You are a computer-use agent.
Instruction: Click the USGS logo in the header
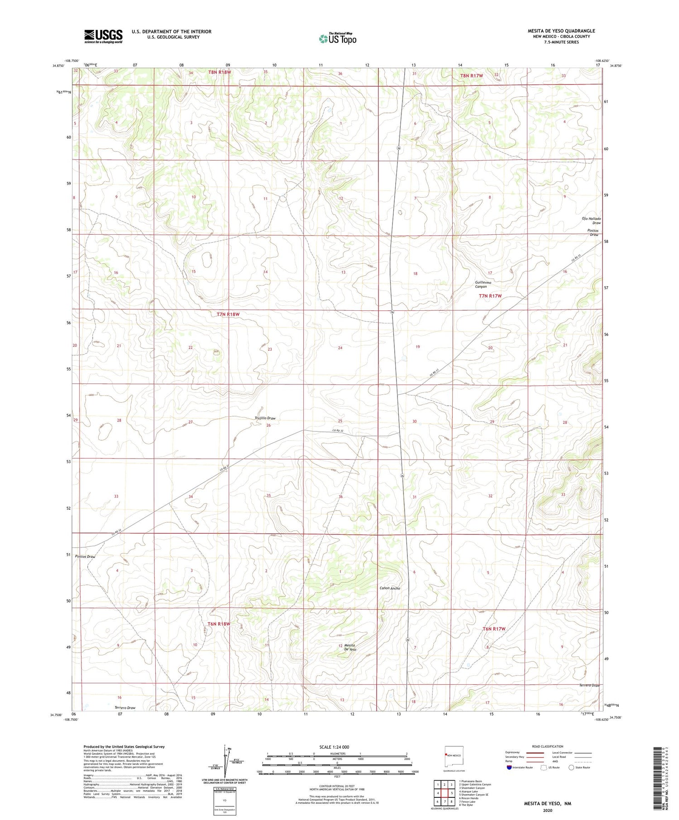coord(103,36)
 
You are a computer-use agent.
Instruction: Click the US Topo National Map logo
coord(337,38)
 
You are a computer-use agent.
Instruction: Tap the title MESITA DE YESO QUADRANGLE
coord(561,31)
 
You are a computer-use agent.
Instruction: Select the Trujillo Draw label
coord(265,418)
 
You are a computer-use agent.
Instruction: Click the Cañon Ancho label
coord(389,588)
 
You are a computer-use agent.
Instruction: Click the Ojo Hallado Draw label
coord(591,220)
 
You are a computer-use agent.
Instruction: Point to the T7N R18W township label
coord(228,314)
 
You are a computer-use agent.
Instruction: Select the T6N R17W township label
coord(493,629)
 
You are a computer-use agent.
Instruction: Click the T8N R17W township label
coord(471,76)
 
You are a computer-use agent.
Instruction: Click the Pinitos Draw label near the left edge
coord(85,557)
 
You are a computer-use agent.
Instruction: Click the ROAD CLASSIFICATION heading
coord(548,746)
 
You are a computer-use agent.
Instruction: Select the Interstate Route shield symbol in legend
coord(509,768)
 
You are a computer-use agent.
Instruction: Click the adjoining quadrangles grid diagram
coord(445,792)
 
